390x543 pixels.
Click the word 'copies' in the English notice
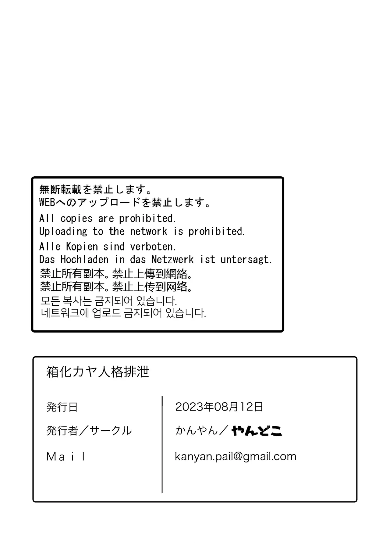(76, 219)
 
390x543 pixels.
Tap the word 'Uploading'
(63, 232)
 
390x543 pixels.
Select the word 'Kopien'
(82, 246)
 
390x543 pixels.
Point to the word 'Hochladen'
(84, 260)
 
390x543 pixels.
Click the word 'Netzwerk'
(172, 260)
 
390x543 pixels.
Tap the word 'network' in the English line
(149, 232)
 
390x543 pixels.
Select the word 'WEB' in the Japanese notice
(47, 202)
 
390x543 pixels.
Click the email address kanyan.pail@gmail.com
(236, 456)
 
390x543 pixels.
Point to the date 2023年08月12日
(219, 407)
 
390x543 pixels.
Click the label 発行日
(62, 407)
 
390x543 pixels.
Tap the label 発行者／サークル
(89, 430)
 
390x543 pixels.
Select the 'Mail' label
(66, 457)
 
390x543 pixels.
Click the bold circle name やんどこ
(257, 431)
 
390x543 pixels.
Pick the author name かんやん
(197, 430)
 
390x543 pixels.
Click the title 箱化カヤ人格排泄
(98, 372)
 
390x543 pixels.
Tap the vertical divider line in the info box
(162, 444)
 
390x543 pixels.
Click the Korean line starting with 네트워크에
(123, 313)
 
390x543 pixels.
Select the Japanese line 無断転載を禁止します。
(96, 190)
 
